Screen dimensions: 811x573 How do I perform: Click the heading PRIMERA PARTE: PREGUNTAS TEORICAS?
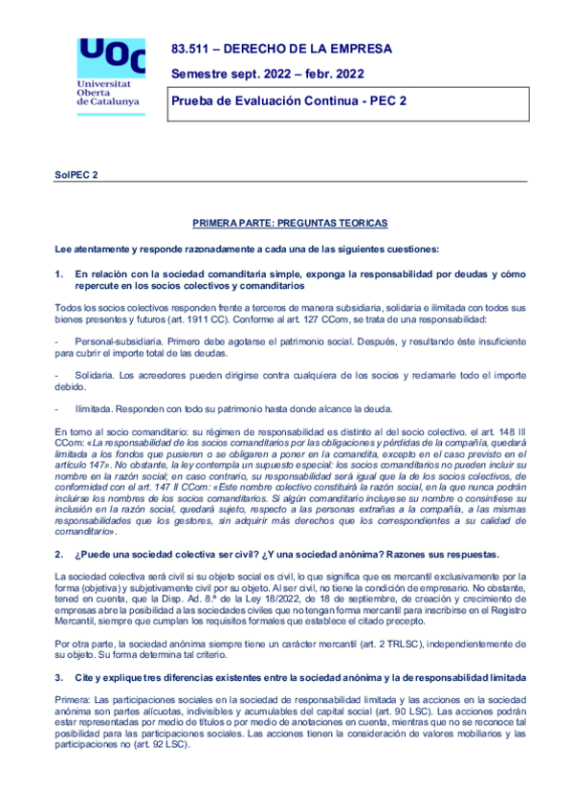[x=289, y=223]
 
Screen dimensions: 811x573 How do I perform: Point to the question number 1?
[x=59, y=274]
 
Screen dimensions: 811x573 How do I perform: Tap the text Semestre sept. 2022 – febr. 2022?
[x=267, y=75]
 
